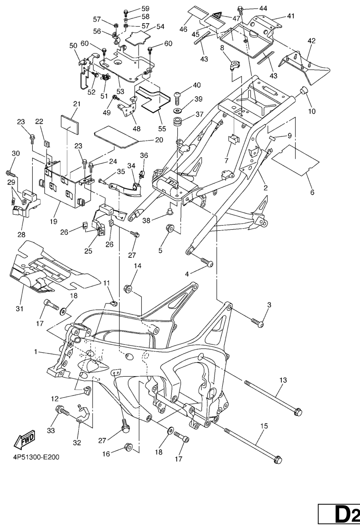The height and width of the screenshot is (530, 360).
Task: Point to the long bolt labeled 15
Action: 253,445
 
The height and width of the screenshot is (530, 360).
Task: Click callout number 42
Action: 311,41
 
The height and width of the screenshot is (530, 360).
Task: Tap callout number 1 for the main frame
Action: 35,352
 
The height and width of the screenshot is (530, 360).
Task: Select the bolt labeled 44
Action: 240,8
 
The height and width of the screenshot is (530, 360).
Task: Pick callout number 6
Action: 312,192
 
